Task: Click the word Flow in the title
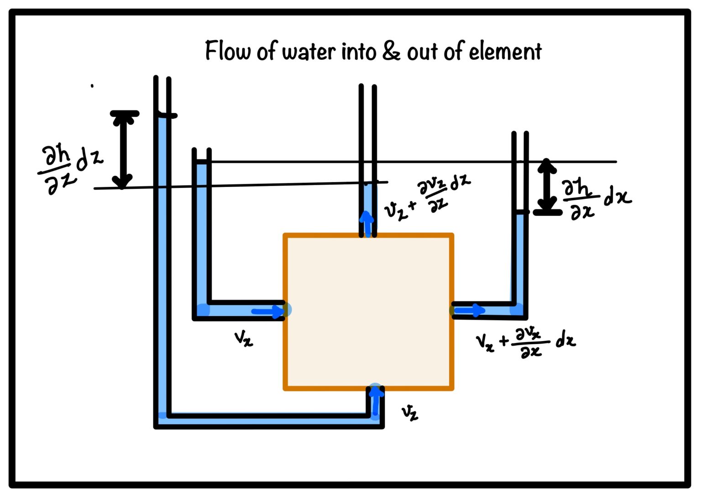227,51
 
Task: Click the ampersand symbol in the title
391,51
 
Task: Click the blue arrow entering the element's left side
268,312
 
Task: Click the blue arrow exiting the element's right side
469,311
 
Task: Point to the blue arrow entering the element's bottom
376,401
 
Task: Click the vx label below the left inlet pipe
243,339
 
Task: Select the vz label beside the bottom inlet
409,412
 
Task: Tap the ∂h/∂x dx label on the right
595,198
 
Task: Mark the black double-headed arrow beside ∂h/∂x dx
547,187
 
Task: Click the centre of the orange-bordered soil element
368,312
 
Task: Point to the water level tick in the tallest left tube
166,115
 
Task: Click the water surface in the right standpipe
520,212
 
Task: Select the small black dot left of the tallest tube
92,85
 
